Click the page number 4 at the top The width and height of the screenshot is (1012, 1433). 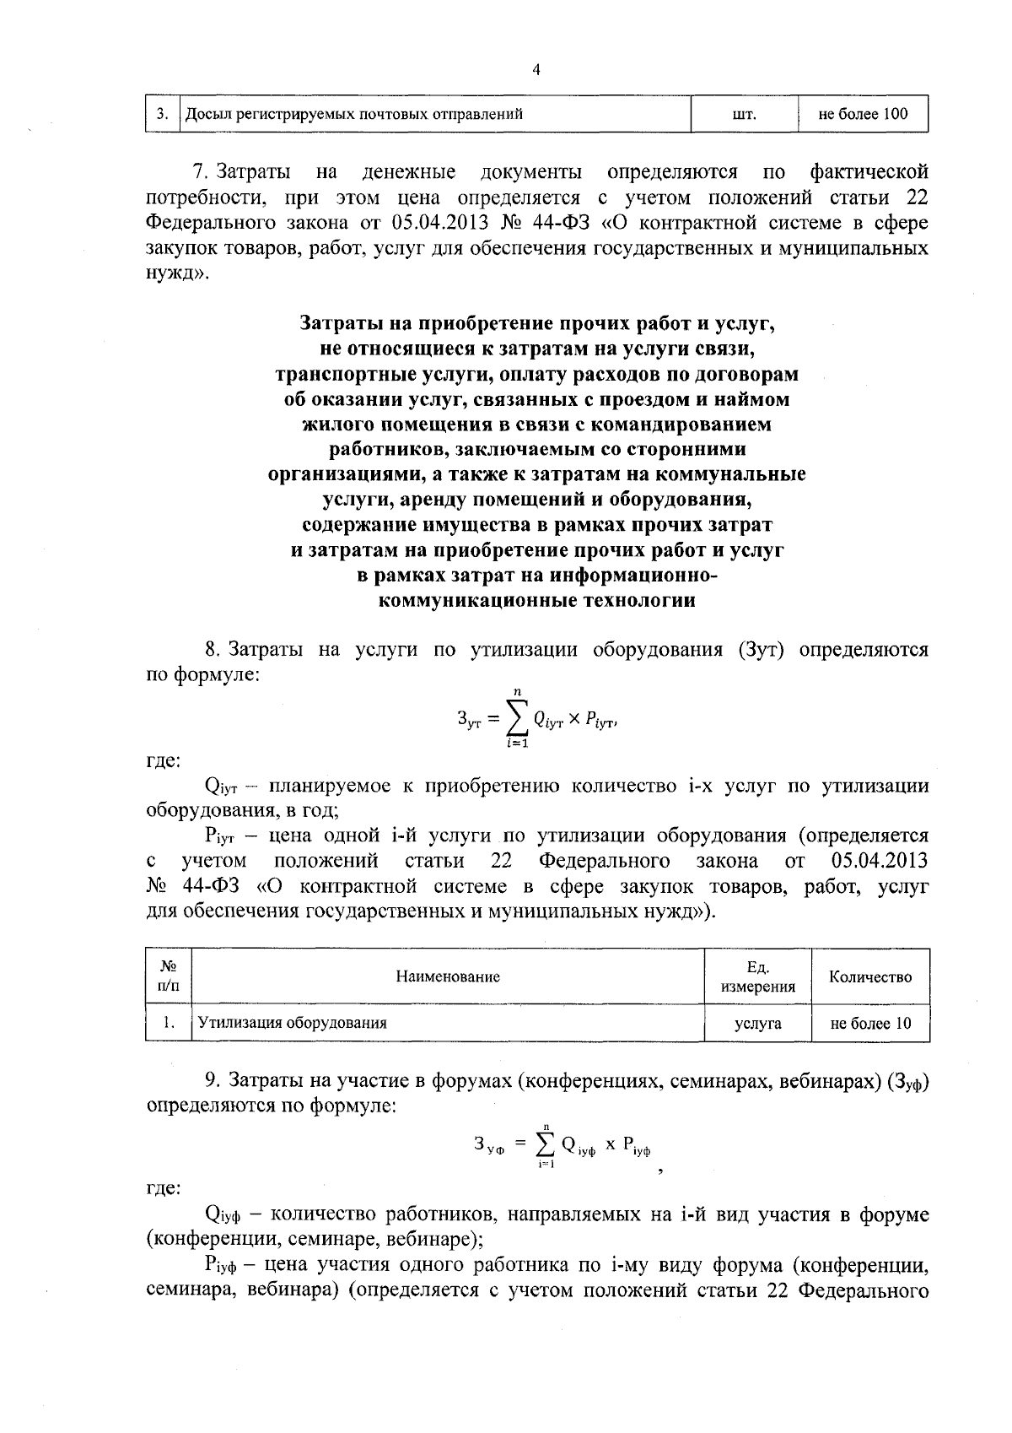point(536,70)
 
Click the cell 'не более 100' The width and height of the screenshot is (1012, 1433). point(863,114)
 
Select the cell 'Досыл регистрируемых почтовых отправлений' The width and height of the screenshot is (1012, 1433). point(353,114)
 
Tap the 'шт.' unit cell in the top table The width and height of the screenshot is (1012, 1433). point(744,114)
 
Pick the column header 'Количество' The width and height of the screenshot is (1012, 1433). point(870,976)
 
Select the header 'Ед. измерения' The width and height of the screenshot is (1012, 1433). point(758,976)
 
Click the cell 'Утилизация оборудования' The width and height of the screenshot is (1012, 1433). point(292,1023)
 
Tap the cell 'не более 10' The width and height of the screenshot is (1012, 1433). point(870,1024)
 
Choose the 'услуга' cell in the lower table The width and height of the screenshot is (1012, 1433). point(757,1024)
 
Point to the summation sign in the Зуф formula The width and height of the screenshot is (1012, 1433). point(546,1144)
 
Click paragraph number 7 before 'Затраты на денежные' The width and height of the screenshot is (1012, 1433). point(200,173)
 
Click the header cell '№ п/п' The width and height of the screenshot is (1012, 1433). point(169,976)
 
